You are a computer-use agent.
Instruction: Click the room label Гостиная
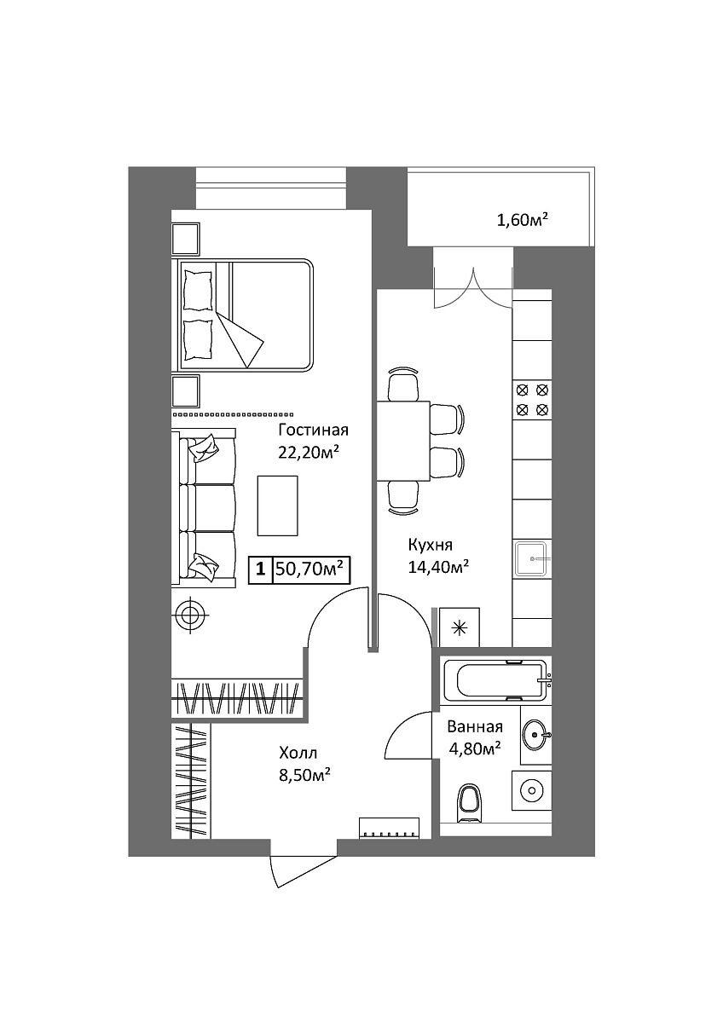(313, 431)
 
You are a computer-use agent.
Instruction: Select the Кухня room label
(431, 546)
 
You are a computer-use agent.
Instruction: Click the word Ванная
(475, 726)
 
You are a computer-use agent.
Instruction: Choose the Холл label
(298, 753)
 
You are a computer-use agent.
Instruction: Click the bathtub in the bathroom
(498, 680)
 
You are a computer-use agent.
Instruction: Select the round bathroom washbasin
(535, 735)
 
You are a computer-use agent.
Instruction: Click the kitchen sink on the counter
(532, 559)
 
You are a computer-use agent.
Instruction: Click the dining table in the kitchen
(403, 441)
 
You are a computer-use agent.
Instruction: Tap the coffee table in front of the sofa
(278, 505)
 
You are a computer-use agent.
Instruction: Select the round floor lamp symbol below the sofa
(190, 616)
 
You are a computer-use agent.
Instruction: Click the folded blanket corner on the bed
(240, 339)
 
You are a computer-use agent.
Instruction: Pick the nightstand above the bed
(186, 239)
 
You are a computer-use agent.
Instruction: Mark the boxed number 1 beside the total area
(260, 570)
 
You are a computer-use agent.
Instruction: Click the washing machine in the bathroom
(532, 790)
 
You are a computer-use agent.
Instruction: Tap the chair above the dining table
(402, 384)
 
